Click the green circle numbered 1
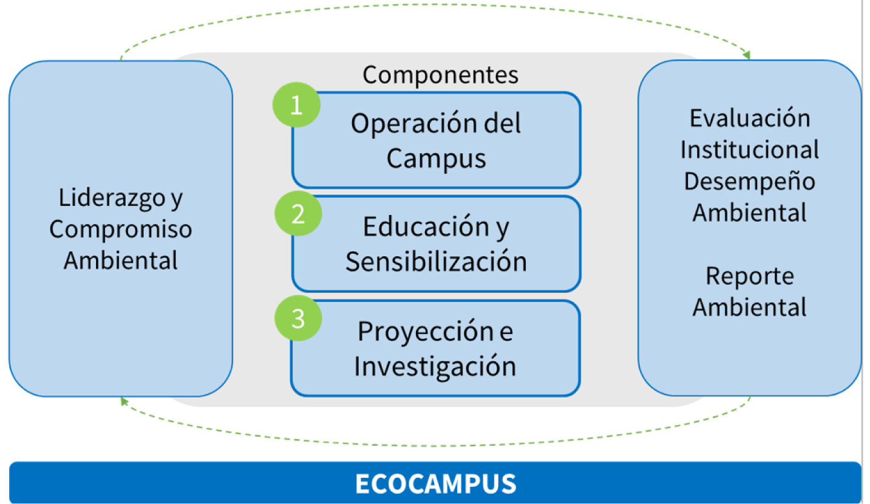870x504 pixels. tap(296, 105)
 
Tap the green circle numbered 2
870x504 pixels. tap(298, 213)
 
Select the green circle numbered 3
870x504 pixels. tap(298, 318)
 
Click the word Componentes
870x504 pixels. tap(440, 75)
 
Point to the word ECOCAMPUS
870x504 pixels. tap(436, 483)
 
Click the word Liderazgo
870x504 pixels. tap(112, 198)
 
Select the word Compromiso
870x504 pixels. tap(120, 230)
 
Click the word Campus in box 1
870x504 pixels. tap(436, 158)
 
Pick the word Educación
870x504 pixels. tap(426, 226)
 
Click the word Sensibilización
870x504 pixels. tap(436, 262)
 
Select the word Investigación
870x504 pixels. tap(435, 366)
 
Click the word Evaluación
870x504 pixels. tap(750, 118)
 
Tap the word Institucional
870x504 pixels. tap(750, 149)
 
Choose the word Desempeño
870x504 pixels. tap(750, 182)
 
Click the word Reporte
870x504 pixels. tap(750, 276)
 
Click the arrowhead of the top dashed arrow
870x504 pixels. tap(747, 55)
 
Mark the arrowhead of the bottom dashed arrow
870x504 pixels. tap(124, 401)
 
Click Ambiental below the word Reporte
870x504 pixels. tap(750, 307)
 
